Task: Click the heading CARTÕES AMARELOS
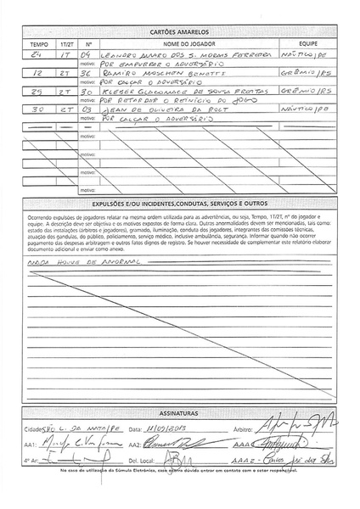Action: [179, 31]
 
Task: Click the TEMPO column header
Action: [39, 42]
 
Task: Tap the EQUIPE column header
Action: [307, 42]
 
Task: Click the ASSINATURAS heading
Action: [179, 407]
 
